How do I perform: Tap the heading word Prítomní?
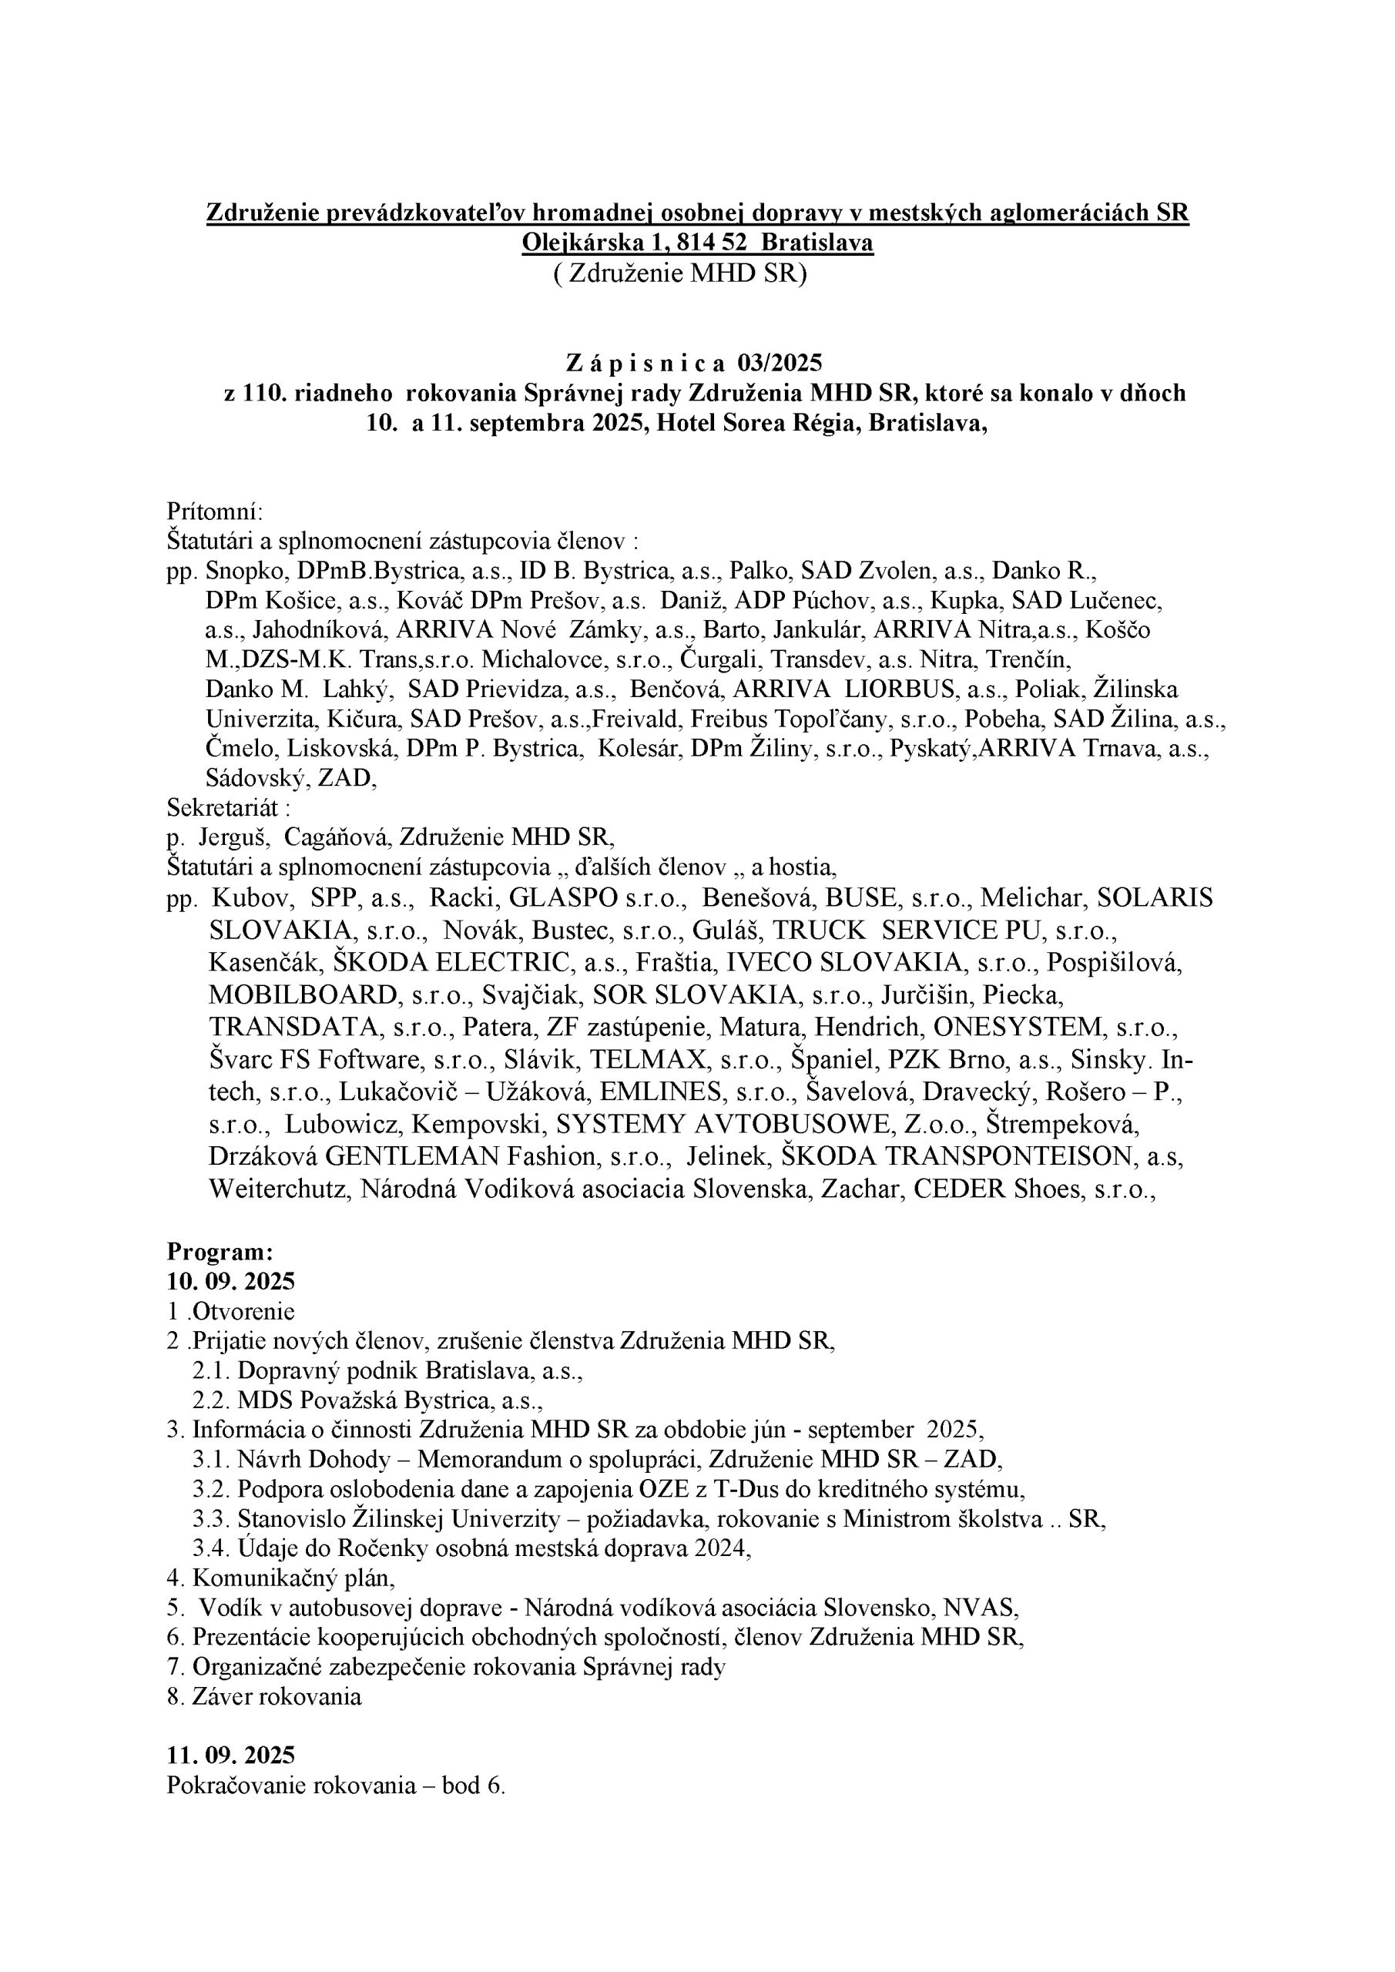point(215,512)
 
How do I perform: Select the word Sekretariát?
point(226,807)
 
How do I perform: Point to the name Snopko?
point(240,571)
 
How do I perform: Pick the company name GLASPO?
point(564,897)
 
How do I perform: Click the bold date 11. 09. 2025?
point(231,1754)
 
